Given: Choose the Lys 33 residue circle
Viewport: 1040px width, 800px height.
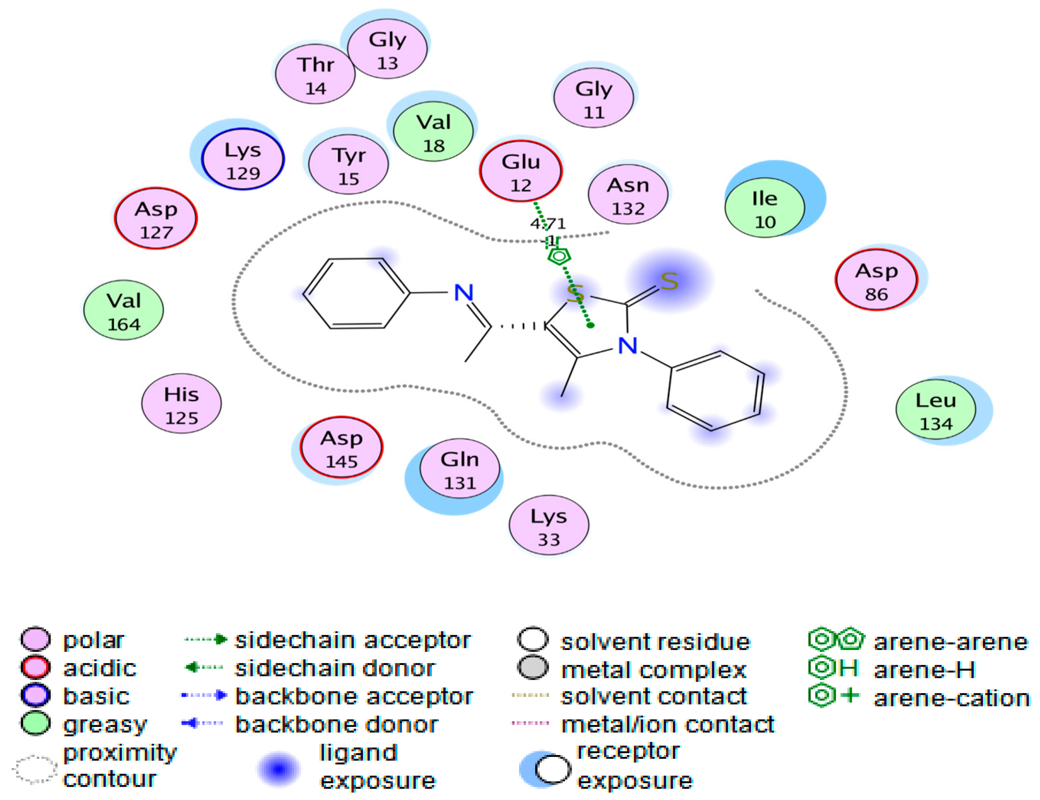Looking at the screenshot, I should [x=549, y=526].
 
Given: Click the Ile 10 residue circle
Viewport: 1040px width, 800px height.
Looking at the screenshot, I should [x=764, y=208].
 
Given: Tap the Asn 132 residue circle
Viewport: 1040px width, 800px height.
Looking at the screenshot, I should [x=628, y=194].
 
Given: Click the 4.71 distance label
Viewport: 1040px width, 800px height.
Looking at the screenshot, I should [x=548, y=223].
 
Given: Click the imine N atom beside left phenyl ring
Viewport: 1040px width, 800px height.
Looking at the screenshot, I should [x=463, y=292].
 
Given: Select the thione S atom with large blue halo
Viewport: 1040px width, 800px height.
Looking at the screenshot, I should [x=669, y=281].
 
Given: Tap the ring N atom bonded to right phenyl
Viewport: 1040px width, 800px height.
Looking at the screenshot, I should [x=627, y=346].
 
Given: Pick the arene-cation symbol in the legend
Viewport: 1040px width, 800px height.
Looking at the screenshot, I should [x=833, y=696].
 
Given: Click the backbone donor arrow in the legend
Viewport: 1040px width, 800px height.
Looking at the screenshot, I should [x=202, y=723].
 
